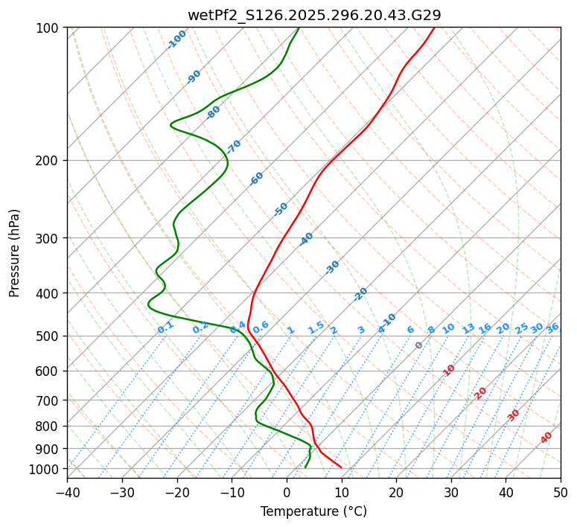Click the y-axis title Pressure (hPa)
click(14, 252)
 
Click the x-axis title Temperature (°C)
click(313, 511)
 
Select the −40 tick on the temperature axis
click(67, 493)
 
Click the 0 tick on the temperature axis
click(287, 493)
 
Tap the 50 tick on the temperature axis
click(561, 493)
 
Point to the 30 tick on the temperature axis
click(451, 493)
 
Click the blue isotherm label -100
click(176, 39)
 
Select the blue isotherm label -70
click(234, 147)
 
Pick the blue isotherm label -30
click(332, 267)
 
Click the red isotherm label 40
click(546, 438)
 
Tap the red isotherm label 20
click(481, 393)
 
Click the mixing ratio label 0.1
click(165, 328)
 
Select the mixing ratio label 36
click(552, 328)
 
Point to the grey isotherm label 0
click(419, 345)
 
